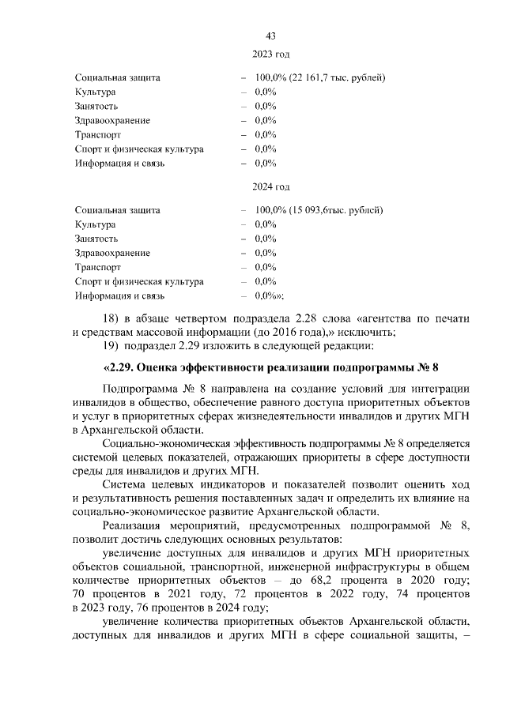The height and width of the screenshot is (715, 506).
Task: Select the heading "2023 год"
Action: (x=270, y=55)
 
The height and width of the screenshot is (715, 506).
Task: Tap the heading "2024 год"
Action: (x=270, y=186)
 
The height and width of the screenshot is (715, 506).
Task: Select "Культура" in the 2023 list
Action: (x=95, y=92)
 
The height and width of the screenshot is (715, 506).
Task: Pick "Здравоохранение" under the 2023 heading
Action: (x=112, y=121)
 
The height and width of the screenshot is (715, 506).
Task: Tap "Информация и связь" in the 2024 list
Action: (x=119, y=295)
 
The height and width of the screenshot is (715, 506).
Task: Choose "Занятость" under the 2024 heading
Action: (x=96, y=239)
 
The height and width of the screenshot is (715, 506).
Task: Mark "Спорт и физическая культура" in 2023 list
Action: (x=139, y=149)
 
